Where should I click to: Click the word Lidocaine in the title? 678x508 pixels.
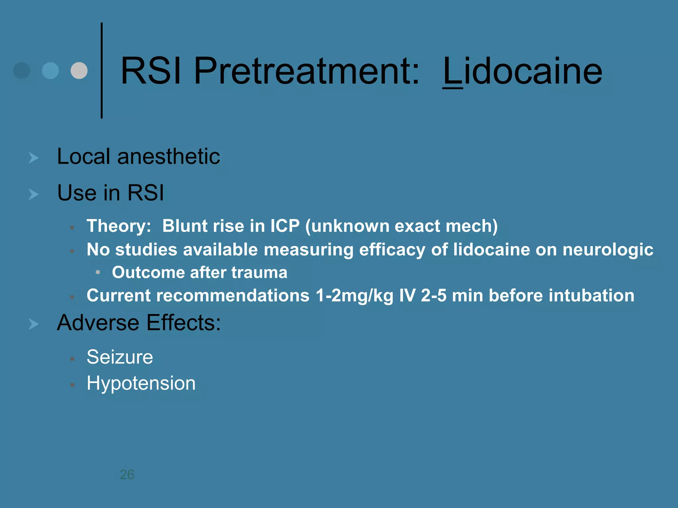(522, 71)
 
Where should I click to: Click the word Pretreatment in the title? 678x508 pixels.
(307, 71)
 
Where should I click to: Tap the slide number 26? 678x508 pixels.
(127, 475)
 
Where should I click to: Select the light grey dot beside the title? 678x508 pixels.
(79, 70)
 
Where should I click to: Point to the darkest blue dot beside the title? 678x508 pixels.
(22, 70)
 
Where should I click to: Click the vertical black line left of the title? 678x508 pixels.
(102, 70)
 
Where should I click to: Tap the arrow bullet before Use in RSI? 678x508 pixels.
(33, 194)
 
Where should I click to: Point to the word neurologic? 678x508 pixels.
(608, 250)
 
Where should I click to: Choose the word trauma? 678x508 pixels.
(259, 273)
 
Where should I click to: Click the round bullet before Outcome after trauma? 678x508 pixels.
(98, 272)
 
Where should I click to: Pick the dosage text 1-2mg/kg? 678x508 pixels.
(354, 295)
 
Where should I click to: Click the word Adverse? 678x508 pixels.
(99, 323)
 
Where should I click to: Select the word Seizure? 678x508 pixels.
(120, 357)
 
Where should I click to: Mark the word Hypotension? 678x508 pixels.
(141, 383)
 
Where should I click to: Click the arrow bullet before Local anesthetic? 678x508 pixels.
(33, 158)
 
